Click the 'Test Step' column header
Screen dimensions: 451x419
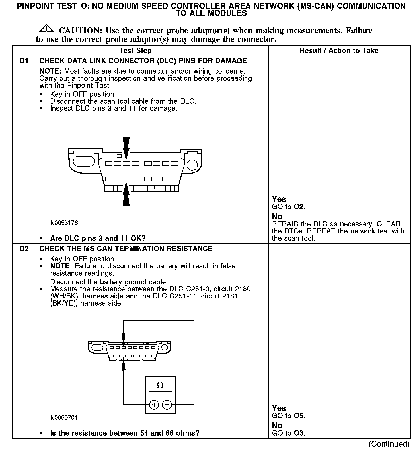(x=135, y=51)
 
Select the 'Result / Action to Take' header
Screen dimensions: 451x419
(x=339, y=51)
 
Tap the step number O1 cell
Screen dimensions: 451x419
(x=24, y=61)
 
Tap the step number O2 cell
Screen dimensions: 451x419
(x=24, y=249)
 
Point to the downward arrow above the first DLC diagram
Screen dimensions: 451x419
(x=126, y=147)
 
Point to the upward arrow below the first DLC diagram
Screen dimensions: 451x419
(x=126, y=195)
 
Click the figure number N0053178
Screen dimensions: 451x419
(x=64, y=223)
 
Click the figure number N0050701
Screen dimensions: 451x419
(x=64, y=417)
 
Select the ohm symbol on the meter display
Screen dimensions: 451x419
(x=160, y=385)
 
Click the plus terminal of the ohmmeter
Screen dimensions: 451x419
(x=154, y=405)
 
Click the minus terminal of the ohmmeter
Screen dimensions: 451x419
(x=167, y=405)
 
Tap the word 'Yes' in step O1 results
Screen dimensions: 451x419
(x=279, y=199)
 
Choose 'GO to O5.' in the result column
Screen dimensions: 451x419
(x=288, y=416)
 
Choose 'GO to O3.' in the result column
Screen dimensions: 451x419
(x=288, y=433)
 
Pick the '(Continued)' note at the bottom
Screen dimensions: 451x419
(x=389, y=444)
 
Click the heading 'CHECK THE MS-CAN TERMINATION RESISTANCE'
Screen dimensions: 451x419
(x=126, y=249)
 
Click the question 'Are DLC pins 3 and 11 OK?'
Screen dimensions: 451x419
(x=98, y=238)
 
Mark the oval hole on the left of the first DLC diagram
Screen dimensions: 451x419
(x=84, y=161)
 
